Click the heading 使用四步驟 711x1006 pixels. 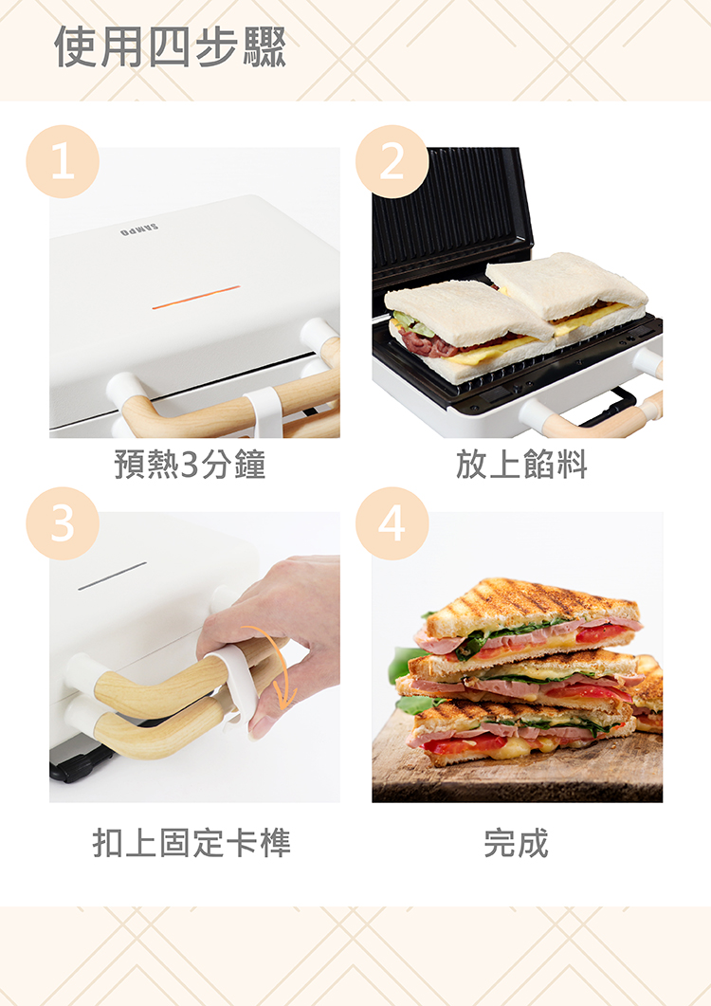tap(170, 46)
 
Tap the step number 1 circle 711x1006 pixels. tap(63, 162)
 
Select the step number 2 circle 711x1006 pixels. tap(392, 162)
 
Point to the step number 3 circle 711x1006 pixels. tap(63, 523)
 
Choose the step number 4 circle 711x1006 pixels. tap(392, 523)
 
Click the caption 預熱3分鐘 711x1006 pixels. tap(190, 464)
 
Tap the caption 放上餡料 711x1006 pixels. tap(521, 464)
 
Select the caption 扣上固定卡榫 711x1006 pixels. tap(191, 842)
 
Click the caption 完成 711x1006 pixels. tap(517, 842)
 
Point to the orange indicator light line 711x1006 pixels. tap(195, 297)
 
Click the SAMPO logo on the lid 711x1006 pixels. tap(139, 230)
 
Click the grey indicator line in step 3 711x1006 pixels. tap(112, 576)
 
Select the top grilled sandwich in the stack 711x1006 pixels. tap(527, 619)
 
